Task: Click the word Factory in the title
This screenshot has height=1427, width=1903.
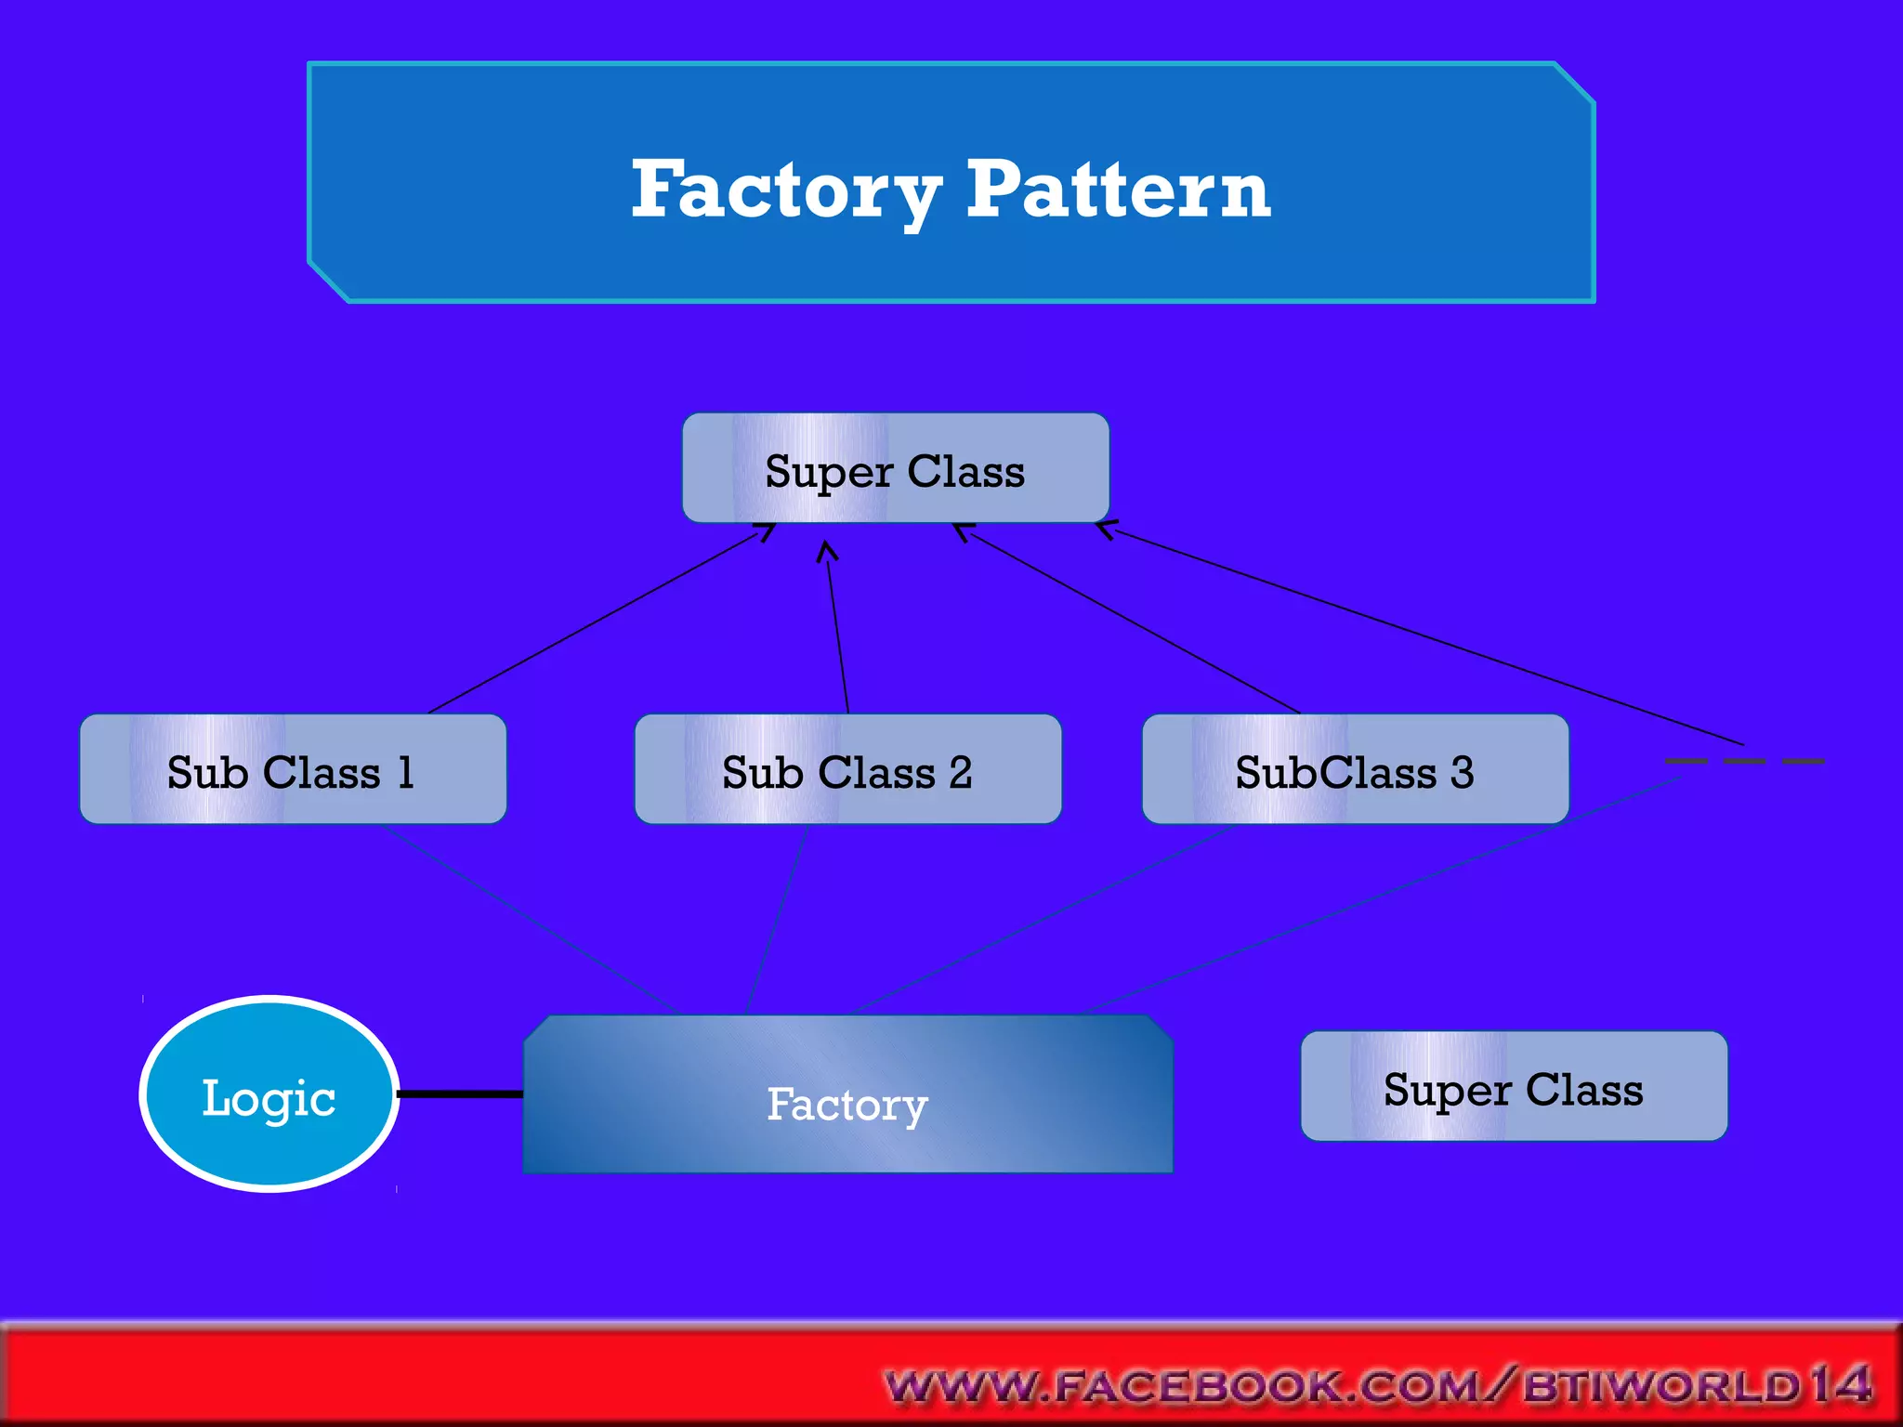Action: pos(785,190)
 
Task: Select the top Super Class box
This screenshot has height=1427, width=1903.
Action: pos(895,469)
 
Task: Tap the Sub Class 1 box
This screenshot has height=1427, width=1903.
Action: pos(293,770)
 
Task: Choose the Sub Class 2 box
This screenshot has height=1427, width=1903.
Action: pos(847,770)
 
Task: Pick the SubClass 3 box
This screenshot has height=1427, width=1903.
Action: pos(1355,770)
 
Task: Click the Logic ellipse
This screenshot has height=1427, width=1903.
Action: pos(269,1094)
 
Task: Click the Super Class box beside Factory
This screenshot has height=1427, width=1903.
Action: pos(1514,1087)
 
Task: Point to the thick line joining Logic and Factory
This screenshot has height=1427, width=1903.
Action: pos(460,1094)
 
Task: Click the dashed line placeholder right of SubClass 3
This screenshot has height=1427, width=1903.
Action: pos(1744,761)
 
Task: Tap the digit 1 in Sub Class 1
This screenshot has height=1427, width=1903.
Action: pos(405,772)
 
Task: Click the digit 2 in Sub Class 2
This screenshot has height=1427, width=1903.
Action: pos(961,772)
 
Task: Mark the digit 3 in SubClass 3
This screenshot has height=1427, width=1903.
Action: pos(1462,772)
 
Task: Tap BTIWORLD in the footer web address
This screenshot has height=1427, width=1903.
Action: pos(1663,1387)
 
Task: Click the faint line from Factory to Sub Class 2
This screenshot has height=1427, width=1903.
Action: pos(777,920)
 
